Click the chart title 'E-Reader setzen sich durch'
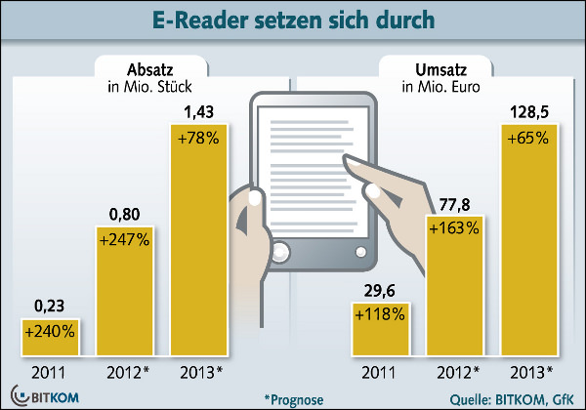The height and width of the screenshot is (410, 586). (x=293, y=20)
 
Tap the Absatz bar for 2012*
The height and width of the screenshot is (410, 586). (x=123, y=293)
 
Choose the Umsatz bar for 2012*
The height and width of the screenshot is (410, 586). (x=452, y=293)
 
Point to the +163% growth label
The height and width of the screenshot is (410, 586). (x=452, y=228)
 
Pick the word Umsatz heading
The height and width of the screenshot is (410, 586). (x=422, y=70)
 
